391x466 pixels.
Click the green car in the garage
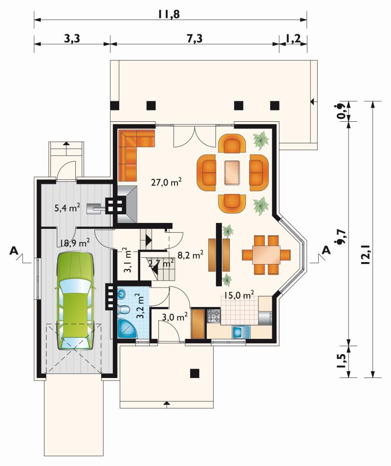point(75,301)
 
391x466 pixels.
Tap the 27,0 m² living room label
point(166,182)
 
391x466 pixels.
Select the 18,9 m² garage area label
point(74,243)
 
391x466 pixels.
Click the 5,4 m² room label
point(67,207)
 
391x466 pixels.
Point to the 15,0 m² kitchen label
point(239,295)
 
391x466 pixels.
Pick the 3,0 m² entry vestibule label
point(174,317)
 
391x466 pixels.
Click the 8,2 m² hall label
point(191,255)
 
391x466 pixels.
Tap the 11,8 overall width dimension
point(169,14)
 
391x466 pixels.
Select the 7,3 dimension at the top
point(195,38)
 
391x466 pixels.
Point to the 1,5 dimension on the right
point(342,361)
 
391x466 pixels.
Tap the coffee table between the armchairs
point(232,173)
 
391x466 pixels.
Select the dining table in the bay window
point(266,255)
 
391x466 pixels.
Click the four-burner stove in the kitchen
point(214,316)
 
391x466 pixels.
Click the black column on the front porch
point(195,373)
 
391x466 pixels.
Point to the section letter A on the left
point(13,250)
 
